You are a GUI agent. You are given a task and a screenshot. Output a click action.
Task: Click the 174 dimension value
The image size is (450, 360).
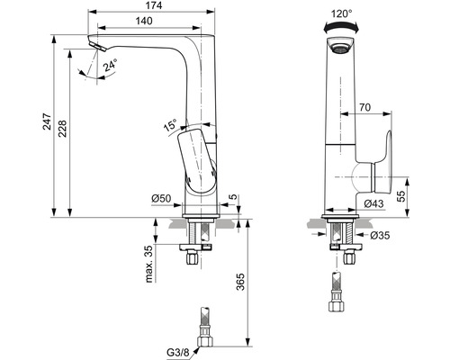154,5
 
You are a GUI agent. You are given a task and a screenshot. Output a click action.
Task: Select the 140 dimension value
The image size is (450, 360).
144,21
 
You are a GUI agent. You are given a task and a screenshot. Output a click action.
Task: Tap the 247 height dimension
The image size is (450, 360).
47,121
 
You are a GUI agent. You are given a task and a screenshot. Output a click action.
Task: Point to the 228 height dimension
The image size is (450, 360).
62,129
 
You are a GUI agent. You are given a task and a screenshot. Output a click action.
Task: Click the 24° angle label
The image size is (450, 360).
111,66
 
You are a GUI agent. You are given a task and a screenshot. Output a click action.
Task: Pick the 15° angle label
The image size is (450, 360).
170,124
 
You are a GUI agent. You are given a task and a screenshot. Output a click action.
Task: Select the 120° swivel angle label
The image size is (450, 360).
341,13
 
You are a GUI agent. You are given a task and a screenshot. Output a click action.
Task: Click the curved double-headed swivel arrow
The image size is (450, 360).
341,26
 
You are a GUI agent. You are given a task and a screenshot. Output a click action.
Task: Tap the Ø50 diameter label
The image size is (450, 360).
161,198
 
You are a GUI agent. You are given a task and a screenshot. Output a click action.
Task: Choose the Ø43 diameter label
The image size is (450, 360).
373,203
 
